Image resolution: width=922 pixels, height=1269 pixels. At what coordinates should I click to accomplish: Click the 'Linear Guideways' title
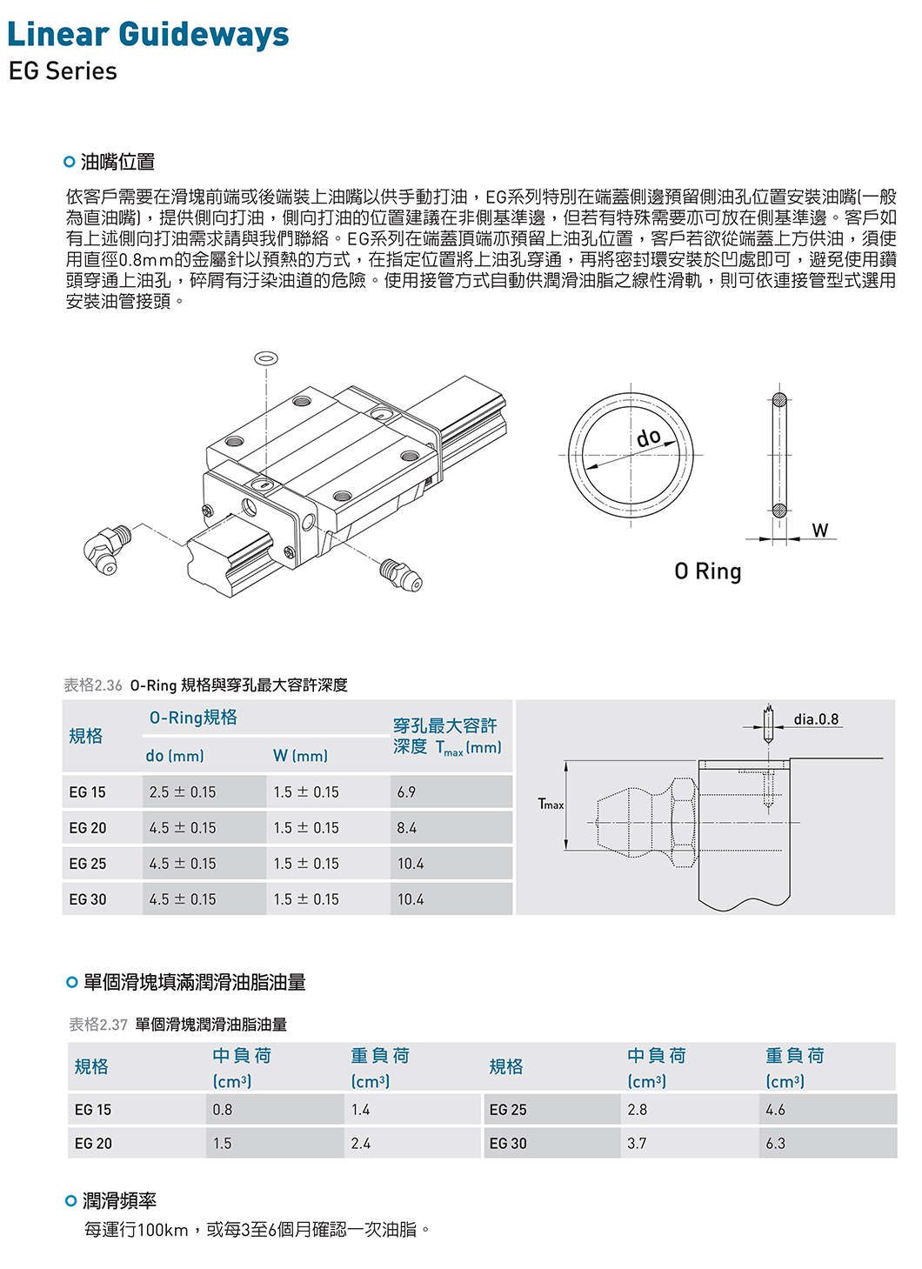(148, 35)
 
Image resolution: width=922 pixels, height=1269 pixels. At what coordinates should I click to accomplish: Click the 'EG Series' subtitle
(63, 71)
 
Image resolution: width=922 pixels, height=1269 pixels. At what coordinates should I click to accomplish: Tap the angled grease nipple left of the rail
(106, 550)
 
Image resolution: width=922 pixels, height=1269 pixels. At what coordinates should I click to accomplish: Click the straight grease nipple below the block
(400, 574)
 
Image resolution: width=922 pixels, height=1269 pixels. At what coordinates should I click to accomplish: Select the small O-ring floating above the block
(266, 358)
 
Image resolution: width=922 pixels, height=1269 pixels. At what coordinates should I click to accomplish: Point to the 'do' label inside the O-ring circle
(649, 437)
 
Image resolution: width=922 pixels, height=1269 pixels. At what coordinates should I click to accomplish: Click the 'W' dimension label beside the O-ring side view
(819, 530)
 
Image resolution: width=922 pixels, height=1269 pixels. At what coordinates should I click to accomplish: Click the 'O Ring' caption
(708, 571)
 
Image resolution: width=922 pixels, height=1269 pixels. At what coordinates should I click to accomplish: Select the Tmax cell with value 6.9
(406, 792)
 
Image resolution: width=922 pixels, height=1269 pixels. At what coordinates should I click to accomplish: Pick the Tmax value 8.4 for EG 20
(406, 828)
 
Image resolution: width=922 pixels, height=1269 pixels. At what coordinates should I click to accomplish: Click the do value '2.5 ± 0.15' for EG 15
(183, 792)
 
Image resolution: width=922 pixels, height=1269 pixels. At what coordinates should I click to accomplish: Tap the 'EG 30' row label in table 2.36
(88, 899)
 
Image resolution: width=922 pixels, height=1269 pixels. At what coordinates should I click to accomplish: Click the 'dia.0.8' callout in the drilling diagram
(816, 719)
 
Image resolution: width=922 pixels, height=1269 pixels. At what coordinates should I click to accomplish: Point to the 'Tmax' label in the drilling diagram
(551, 805)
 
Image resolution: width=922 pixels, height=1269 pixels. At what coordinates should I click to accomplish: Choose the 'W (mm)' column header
(300, 756)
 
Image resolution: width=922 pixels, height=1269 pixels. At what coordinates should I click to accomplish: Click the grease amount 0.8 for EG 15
(223, 1110)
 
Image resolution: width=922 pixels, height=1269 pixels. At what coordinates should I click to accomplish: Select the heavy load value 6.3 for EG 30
(775, 1144)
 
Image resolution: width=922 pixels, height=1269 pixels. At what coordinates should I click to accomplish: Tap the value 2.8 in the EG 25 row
(637, 1110)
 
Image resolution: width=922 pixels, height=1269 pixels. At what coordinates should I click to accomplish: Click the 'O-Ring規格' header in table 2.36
(193, 718)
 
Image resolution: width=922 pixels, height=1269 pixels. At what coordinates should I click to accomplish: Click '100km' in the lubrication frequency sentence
(163, 1230)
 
